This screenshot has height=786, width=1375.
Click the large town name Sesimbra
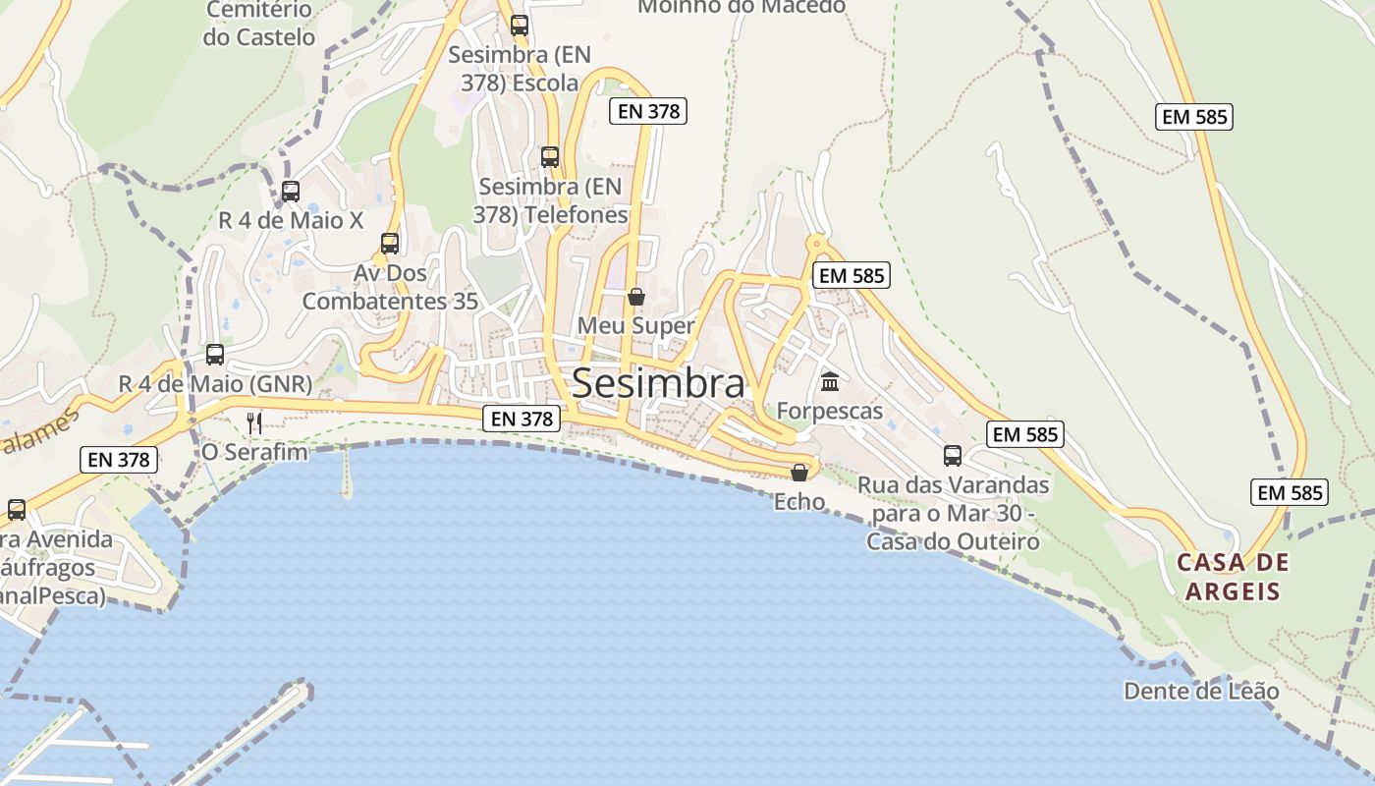tap(657, 383)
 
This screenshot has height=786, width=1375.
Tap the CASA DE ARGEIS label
tap(1233, 577)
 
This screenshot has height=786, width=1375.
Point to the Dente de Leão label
tap(1201, 691)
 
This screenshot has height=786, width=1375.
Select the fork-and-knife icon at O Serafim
tap(254, 422)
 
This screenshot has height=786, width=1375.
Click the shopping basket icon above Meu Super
tap(636, 296)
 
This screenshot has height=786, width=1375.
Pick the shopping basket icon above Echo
tap(799, 473)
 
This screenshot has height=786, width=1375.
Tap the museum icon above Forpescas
tap(830, 381)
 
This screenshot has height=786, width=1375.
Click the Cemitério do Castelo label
tap(259, 25)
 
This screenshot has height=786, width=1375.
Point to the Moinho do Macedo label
tap(742, 6)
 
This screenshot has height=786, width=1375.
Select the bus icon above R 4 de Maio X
tap(291, 192)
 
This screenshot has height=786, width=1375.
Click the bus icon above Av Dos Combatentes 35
tap(390, 243)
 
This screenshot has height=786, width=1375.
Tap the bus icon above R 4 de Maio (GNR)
tap(215, 355)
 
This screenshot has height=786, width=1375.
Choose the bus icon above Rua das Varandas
tap(953, 456)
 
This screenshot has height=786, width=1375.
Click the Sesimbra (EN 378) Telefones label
tap(553, 200)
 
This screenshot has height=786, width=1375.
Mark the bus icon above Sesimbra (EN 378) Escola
tap(520, 26)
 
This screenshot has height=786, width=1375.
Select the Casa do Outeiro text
tap(953, 541)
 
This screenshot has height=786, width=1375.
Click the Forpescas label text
tap(830, 411)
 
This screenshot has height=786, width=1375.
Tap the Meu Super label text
tap(635, 325)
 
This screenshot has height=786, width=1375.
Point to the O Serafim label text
tap(254, 452)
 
